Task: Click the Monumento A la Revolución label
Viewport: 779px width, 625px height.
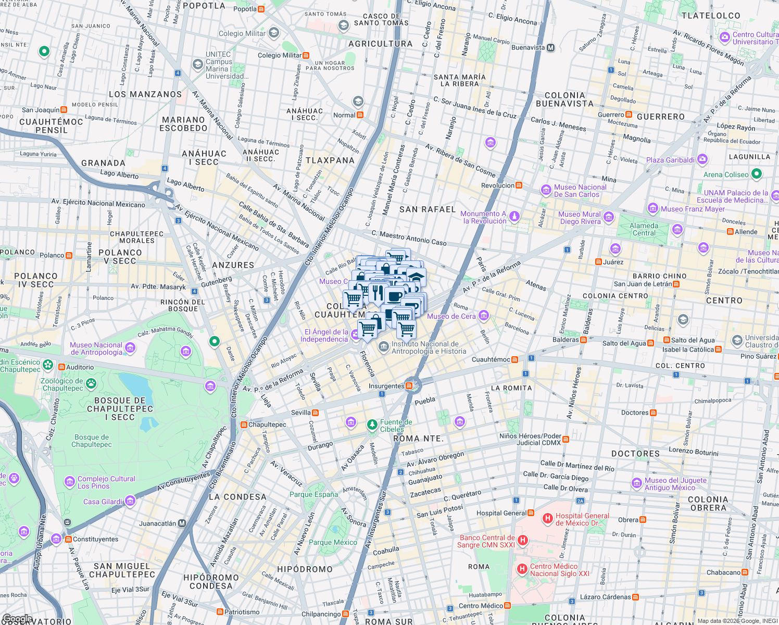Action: click(x=484, y=217)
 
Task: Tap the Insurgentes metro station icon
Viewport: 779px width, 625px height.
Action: click(x=409, y=386)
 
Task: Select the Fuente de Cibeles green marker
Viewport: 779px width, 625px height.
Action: click(x=372, y=425)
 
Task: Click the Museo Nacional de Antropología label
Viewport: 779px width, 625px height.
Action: click(x=96, y=348)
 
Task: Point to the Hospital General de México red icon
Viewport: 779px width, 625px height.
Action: click(x=547, y=518)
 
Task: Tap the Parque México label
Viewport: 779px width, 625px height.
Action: click(x=333, y=542)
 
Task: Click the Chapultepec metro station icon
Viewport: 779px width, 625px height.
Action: click(x=244, y=424)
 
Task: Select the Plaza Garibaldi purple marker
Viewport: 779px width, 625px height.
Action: click(x=702, y=159)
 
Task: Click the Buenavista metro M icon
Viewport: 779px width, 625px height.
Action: click(x=550, y=47)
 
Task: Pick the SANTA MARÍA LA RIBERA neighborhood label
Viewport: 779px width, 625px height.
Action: click(x=459, y=80)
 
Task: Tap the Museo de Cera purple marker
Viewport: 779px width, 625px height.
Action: click(x=484, y=316)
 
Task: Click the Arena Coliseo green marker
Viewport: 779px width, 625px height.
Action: click(x=757, y=174)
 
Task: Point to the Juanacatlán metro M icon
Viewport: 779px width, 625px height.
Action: click(x=182, y=523)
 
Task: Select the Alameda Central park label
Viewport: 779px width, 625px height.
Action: click(x=644, y=229)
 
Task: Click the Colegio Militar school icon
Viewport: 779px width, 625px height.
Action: click(x=274, y=33)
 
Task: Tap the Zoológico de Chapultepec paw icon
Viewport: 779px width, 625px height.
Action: click(x=91, y=384)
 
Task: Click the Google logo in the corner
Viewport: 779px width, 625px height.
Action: click(x=17, y=619)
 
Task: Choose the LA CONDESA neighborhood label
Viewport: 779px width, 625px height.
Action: click(x=237, y=497)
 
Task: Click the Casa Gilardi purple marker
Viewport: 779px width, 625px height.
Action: click(x=130, y=501)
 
